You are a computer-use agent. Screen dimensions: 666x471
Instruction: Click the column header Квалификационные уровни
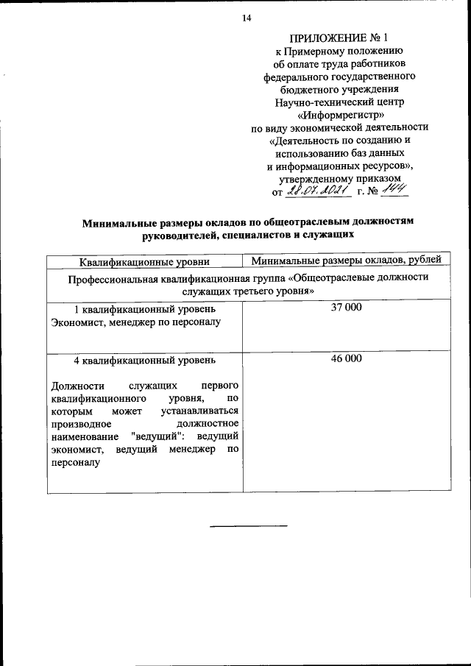(144, 260)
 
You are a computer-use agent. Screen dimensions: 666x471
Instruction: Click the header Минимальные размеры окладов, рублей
(346, 260)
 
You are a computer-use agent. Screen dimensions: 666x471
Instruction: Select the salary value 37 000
(346, 308)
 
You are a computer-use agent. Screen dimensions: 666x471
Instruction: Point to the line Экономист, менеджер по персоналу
(135, 322)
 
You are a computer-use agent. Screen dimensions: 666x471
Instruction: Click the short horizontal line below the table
(249, 525)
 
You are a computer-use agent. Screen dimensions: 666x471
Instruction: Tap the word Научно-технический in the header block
(316, 101)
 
